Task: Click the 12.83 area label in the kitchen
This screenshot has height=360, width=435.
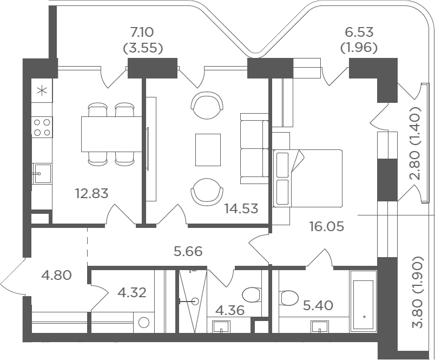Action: [x=91, y=193]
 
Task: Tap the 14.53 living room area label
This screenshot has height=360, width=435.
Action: [x=241, y=208]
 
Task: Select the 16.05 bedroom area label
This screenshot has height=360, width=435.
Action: [x=327, y=226]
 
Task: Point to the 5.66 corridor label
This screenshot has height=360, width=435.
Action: [x=188, y=252]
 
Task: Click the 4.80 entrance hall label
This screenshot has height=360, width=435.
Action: [x=56, y=276]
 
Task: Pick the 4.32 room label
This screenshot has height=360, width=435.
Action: [x=132, y=292]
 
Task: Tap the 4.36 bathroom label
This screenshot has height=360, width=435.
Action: [x=230, y=310]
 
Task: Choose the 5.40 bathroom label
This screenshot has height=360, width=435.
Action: [x=318, y=306]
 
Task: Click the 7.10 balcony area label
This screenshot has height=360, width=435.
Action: [x=142, y=32]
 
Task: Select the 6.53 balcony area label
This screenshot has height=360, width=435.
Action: [x=359, y=32]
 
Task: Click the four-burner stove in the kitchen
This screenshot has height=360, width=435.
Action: [x=42, y=127]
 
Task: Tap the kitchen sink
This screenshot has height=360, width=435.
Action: [x=42, y=173]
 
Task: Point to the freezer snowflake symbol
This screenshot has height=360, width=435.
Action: [x=42, y=91]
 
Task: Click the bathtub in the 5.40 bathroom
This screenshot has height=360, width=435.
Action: [x=364, y=301]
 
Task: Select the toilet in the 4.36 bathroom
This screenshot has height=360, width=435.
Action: [x=252, y=295]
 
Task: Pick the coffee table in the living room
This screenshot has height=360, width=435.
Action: [x=208, y=150]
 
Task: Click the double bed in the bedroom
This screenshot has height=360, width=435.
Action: [x=307, y=178]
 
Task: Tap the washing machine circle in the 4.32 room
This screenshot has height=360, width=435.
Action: [x=144, y=323]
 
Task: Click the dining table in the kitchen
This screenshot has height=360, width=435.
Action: [x=111, y=134]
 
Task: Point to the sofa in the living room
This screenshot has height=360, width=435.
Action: [x=254, y=148]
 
